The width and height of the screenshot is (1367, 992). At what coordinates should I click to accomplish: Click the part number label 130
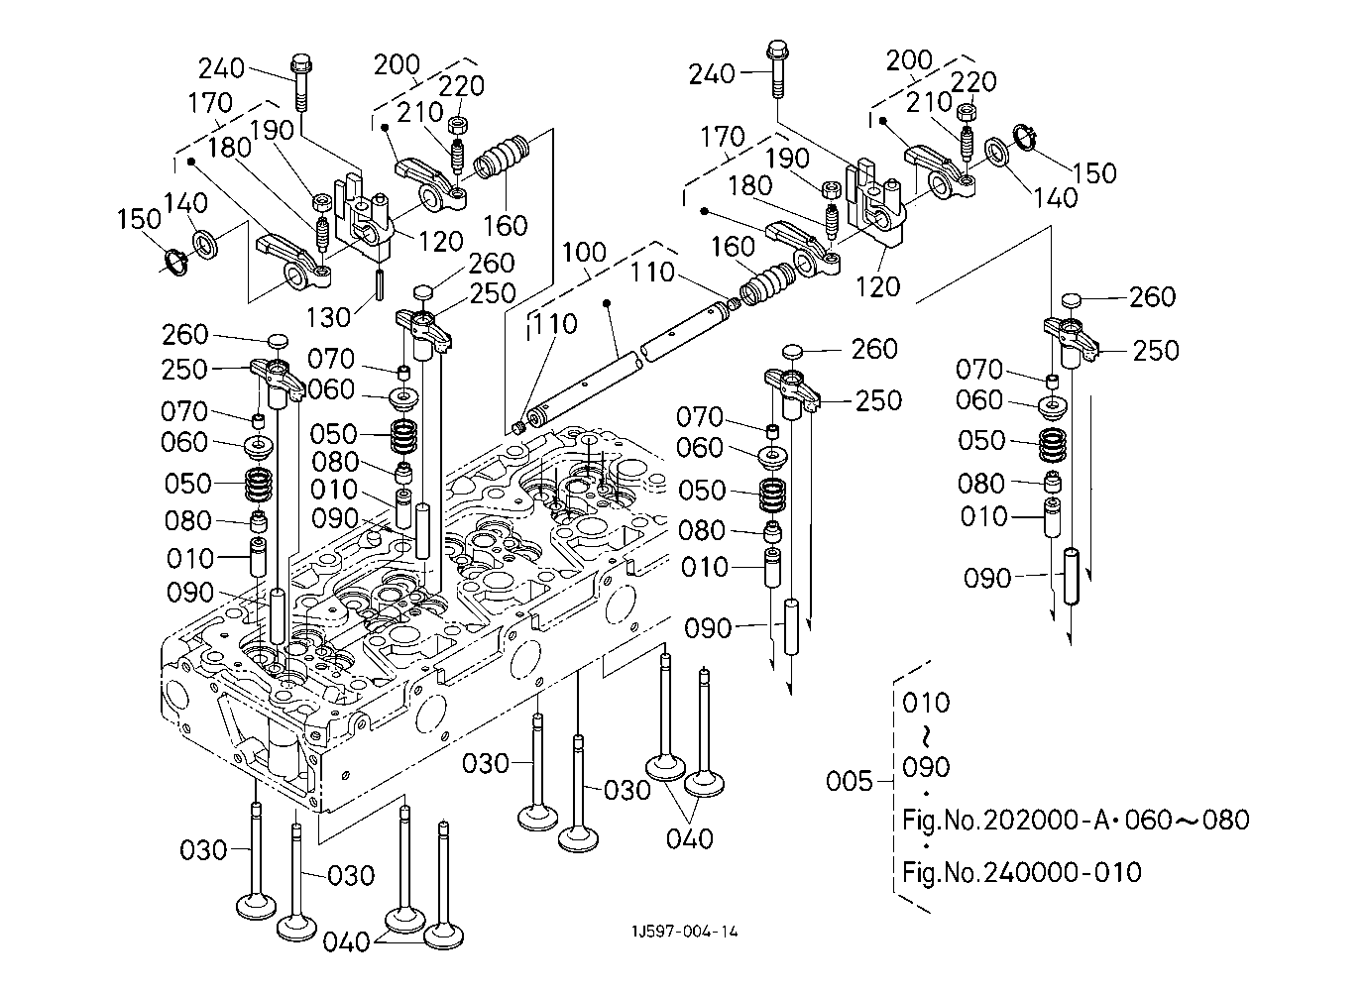click(x=328, y=316)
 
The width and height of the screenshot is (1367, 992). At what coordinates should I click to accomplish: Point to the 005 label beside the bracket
click(x=850, y=781)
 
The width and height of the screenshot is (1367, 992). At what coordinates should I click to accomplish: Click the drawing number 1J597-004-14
click(x=684, y=932)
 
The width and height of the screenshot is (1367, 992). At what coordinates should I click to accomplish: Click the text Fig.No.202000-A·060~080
click(x=1076, y=820)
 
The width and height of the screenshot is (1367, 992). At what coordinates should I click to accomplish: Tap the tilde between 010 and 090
click(x=927, y=735)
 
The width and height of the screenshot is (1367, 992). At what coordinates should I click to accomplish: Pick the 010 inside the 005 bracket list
click(x=926, y=703)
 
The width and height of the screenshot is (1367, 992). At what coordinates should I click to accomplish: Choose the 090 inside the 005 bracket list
click(x=926, y=767)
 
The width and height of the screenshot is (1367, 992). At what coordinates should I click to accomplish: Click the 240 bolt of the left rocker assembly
click(x=300, y=84)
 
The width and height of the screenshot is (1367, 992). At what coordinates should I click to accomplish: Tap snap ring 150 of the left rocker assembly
click(x=175, y=263)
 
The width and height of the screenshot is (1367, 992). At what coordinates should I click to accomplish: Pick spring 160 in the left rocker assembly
click(x=505, y=158)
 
